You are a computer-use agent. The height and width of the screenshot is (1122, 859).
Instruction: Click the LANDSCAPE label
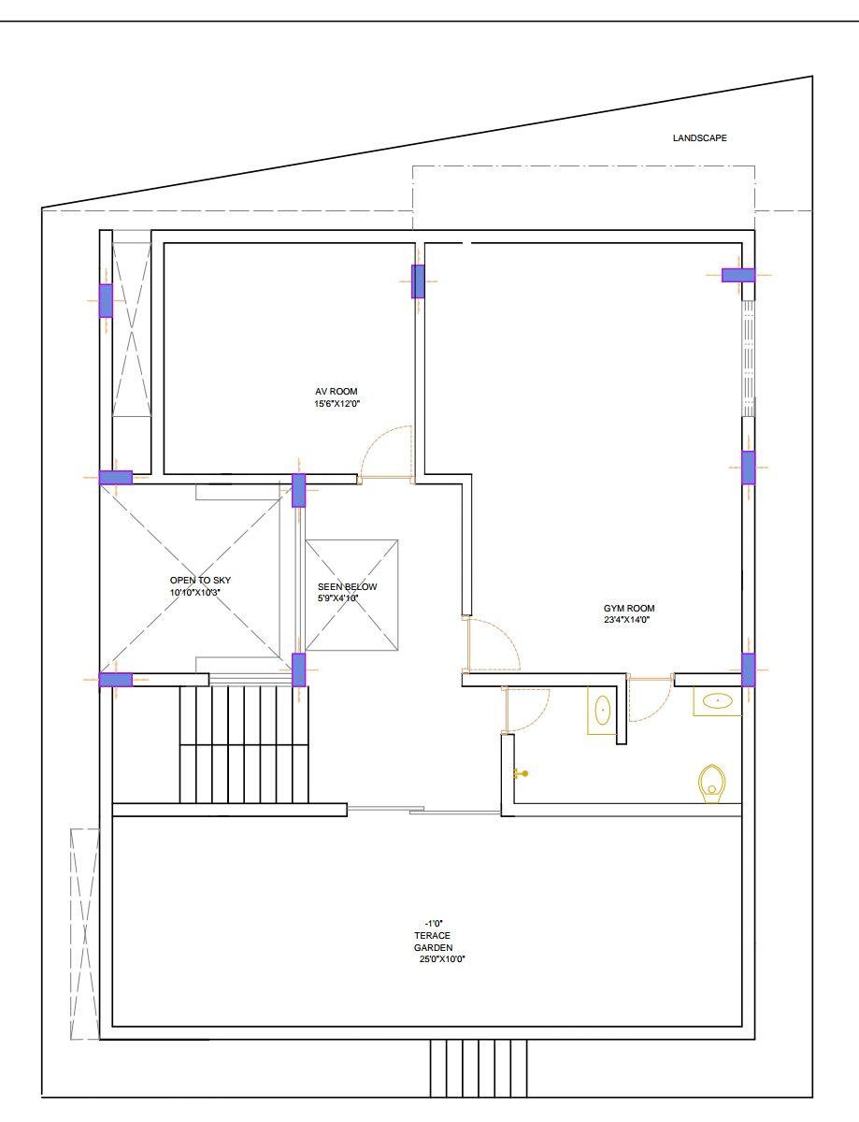(699, 137)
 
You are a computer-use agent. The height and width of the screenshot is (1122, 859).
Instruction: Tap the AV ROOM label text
(336, 392)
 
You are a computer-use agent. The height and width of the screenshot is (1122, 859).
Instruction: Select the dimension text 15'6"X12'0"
(336, 404)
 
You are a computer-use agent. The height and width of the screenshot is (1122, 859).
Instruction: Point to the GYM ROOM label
(629, 609)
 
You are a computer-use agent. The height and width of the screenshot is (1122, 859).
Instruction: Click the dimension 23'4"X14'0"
(627, 620)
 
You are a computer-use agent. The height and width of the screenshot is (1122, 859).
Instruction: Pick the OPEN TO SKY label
(200, 581)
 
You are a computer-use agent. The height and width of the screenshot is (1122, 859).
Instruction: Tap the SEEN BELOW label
(347, 586)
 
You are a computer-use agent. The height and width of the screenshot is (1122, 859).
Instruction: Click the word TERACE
(432, 936)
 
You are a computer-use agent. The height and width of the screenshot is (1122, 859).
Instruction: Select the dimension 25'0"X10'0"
(442, 959)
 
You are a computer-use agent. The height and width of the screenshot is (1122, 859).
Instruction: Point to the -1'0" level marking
(434, 923)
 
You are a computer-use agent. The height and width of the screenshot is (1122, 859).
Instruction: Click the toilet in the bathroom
(712, 784)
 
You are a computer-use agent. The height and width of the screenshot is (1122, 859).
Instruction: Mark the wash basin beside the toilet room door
(602, 711)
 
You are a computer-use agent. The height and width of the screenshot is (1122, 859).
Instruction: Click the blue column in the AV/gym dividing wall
(418, 281)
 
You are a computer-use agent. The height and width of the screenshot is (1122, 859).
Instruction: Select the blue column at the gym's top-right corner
(738, 275)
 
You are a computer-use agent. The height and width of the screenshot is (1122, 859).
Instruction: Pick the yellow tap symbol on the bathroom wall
(521, 773)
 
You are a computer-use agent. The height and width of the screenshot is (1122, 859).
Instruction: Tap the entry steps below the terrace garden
(479, 1069)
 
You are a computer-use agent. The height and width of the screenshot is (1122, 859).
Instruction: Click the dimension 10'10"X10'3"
(195, 592)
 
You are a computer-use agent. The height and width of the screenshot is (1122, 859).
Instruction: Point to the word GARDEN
(434, 947)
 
